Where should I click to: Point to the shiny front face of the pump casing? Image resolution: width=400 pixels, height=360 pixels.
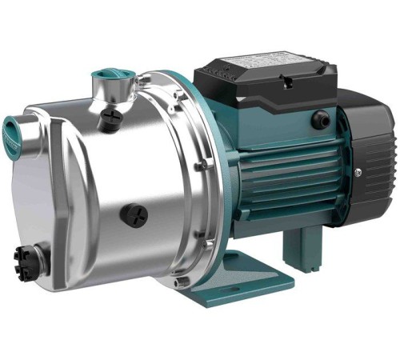tap(72, 192)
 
